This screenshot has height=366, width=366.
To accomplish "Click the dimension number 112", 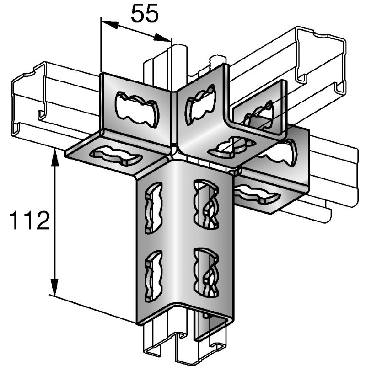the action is pyautogui.click(x=29, y=220).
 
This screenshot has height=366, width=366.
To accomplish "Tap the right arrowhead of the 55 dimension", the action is pyautogui.click(x=162, y=38).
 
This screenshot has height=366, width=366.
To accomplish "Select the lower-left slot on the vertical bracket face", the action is pyautogui.click(x=154, y=275).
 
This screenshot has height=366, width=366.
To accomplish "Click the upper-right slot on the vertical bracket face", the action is pyautogui.click(x=206, y=204).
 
